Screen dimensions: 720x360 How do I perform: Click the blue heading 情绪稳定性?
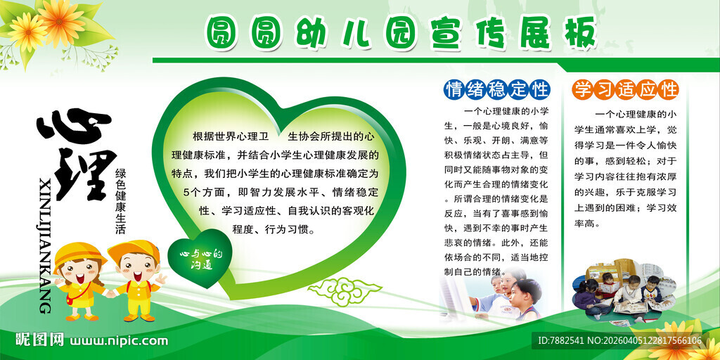click(497, 89)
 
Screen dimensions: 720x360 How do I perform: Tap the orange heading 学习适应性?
click(625, 89)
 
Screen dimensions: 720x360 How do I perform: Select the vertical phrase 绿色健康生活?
click(120, 200)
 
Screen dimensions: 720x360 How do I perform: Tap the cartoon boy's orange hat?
click(134, 250)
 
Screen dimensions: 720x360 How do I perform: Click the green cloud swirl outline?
click(344, 290)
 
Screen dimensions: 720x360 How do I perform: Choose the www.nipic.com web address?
click(118, 341)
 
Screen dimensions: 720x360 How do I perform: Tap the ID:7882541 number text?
click(560, 341)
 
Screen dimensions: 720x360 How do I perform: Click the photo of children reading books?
click(624, 293)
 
